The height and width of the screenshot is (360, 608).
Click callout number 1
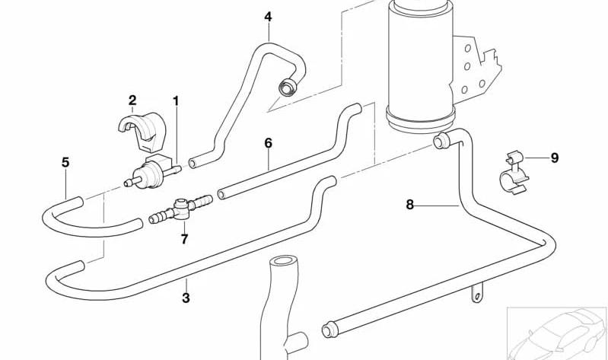[176, 101]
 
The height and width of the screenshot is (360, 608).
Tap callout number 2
[132, 100]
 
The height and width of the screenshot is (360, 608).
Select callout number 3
[186, 298]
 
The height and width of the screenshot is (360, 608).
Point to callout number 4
[269, 17]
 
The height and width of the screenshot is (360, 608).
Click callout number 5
[65, 162]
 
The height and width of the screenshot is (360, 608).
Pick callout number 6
[269, 143]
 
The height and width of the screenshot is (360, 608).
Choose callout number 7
[185, 239]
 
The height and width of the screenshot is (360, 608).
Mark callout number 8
[410, 205]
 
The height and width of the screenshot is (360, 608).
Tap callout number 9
[555, 158]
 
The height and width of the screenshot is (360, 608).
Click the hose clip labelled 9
[514, 173]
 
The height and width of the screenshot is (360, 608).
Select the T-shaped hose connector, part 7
[180, 209]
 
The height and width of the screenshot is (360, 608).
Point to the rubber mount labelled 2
[143, 131]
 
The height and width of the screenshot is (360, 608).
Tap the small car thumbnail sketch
[557, 333]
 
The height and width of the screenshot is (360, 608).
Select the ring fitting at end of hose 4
[288, 87]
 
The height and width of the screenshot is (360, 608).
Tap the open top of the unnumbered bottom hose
[283, 260]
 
